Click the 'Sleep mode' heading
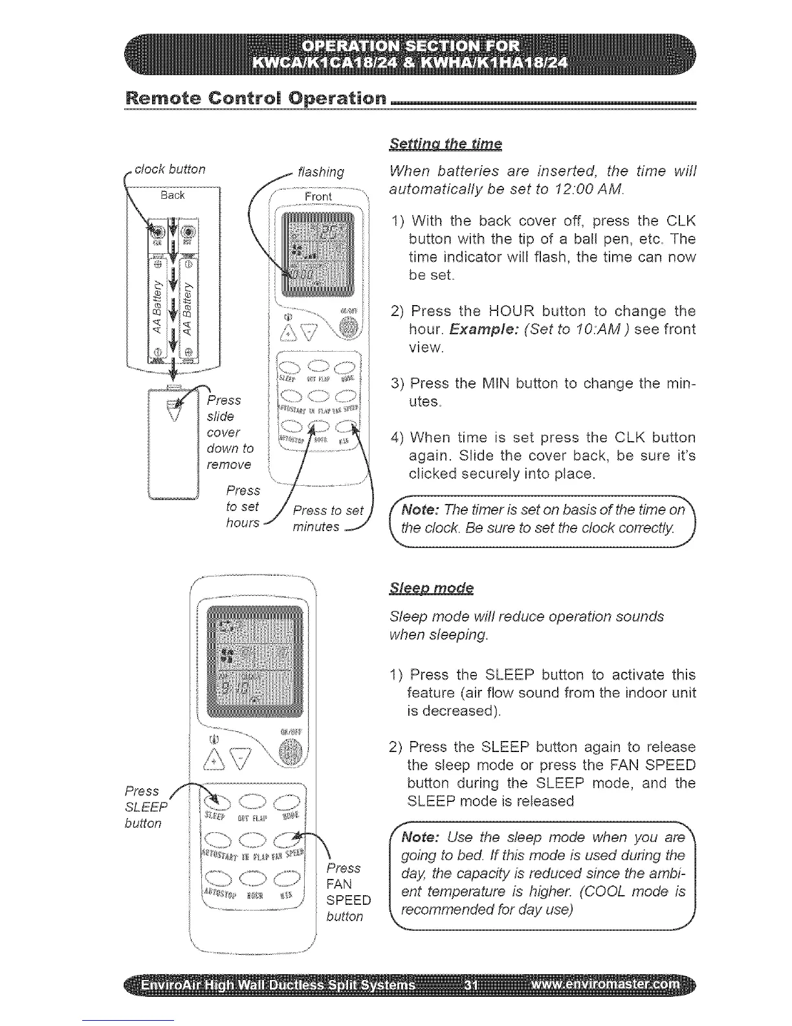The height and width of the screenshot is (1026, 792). (432, 588)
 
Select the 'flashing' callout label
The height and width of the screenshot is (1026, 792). (319, 172)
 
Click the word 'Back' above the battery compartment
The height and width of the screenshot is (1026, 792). (173, 195)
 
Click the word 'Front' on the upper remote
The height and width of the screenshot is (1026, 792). (318, 196)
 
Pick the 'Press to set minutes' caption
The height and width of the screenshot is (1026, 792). (327, 518)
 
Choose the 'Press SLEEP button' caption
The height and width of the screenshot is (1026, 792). (146, 806)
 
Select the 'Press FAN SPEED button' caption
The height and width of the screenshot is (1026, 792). (348, 892)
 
